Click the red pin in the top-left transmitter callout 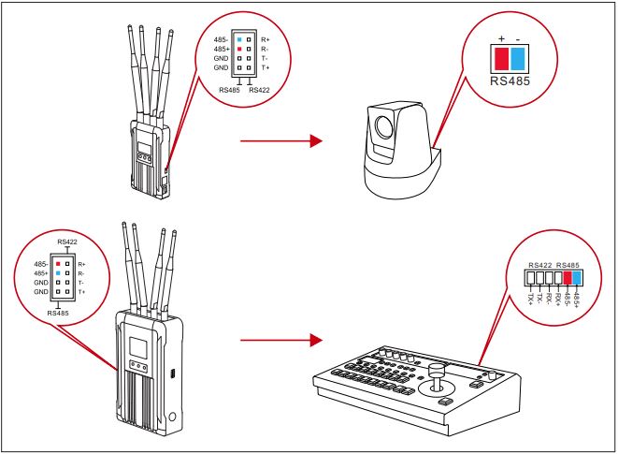239,50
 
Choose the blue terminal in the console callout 577,278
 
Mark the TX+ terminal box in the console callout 531,278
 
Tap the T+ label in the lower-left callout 82,292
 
